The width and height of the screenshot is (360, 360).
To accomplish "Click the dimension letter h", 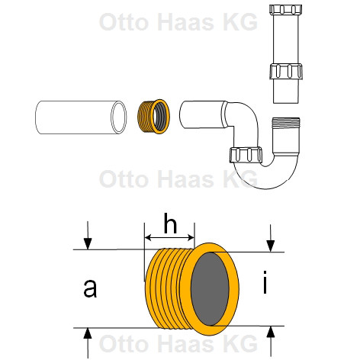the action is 170,223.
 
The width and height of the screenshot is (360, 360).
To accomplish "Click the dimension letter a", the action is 90,288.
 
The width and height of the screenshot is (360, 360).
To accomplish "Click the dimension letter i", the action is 265,282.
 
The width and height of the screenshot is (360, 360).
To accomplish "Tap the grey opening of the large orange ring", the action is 210,289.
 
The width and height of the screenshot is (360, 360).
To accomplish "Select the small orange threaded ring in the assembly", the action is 153,117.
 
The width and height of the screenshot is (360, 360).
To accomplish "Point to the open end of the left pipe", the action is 119,117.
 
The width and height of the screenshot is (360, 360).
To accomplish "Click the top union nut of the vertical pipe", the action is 285,9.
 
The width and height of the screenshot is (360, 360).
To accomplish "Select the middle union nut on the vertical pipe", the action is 286,71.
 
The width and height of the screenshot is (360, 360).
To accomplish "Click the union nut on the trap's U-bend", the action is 246,155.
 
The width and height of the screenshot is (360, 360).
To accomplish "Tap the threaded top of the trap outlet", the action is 286,122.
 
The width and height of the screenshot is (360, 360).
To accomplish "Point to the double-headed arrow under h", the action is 169,238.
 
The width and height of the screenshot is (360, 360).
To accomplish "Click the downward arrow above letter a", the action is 88,236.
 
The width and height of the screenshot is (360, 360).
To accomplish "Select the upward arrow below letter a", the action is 88,343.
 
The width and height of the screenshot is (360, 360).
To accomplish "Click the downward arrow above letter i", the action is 270,238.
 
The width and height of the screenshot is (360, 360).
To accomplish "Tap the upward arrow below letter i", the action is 271,342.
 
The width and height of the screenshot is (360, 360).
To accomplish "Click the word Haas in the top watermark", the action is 185,22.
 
